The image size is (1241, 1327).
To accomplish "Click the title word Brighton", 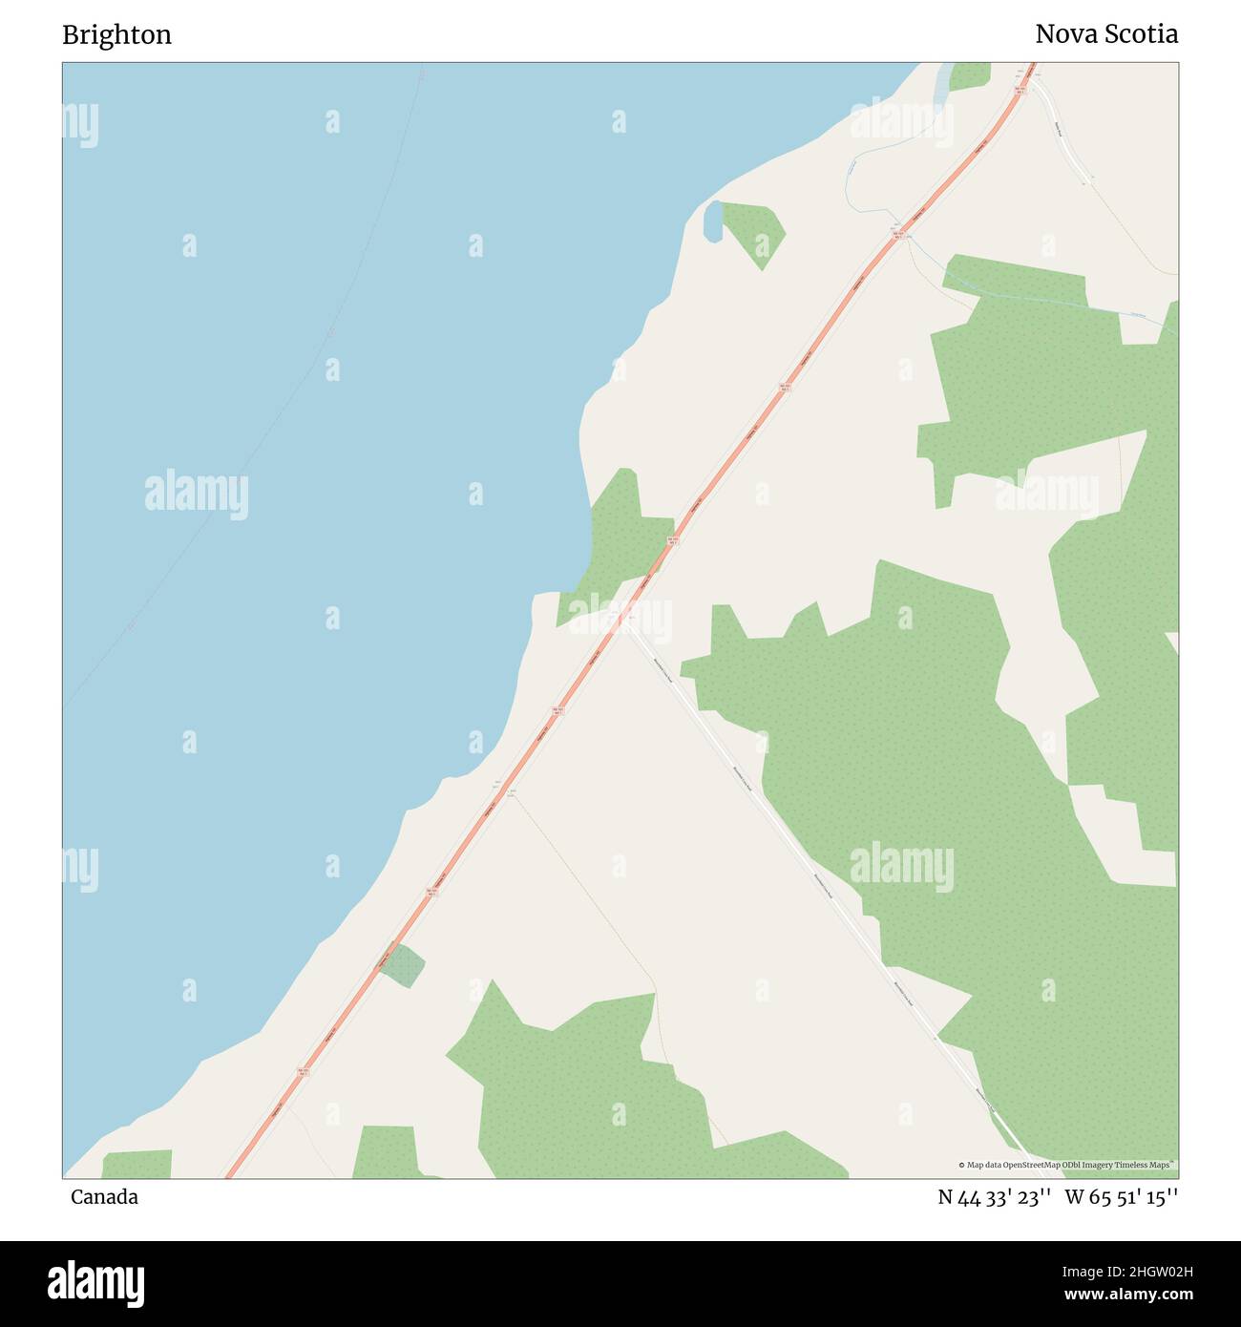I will click(116, 35).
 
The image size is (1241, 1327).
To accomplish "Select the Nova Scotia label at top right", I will click(1105, 34).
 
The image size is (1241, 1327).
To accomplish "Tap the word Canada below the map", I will click(104, 1197).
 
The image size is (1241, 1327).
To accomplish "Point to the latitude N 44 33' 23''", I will click(994, 1197).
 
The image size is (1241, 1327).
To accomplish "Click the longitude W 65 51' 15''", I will click(1121, 1197).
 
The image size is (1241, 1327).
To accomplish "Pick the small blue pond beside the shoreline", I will click(712, 221).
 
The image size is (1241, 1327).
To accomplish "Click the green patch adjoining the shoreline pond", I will click(754, 232).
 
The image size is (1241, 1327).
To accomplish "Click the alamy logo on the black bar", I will click(95, 1283).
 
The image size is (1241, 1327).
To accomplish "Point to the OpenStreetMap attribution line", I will click(1067, 1165).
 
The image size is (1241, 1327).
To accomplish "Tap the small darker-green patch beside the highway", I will click(404, 965).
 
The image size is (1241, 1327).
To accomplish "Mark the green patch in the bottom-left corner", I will click(137, 1165).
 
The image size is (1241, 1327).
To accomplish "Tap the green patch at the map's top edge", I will click(970, 74).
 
